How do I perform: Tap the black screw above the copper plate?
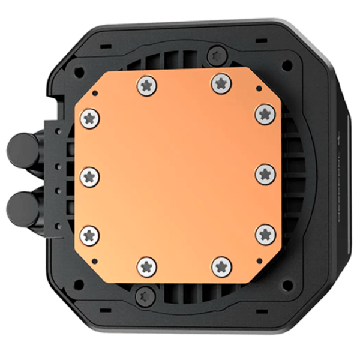tap(217, 56)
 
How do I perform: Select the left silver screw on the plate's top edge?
tap(146, 86)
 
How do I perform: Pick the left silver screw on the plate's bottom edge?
tap(148, 266)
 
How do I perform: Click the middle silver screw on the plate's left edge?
tap(90, 176)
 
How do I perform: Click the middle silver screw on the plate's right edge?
tap(265, 175)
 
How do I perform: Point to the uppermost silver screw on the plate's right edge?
tap(265, 114)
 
